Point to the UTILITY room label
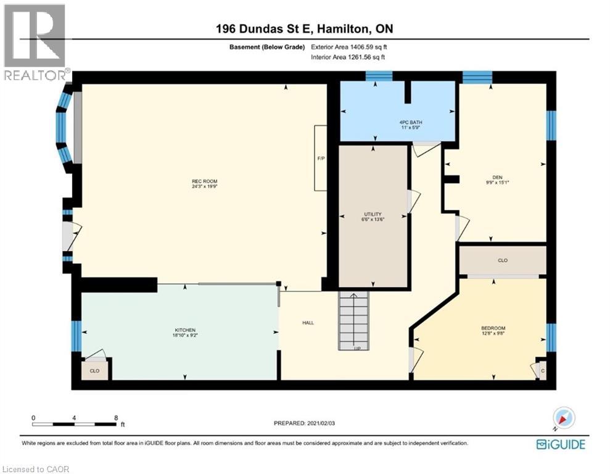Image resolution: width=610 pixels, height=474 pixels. click(x=373, y=214)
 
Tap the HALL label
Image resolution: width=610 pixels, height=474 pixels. click(x=308, y=323)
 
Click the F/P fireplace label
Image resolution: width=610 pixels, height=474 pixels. click(x=321, y=159)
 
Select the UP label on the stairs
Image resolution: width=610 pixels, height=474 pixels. click(x=357, y=348)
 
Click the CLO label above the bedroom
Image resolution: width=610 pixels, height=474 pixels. click(x=502, y=260)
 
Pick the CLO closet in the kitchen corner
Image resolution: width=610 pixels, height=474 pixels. click(x=94, y=371)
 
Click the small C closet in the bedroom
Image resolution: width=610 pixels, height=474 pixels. click(x=542, y=370)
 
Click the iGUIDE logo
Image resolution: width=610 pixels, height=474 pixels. click(x=560, y=444)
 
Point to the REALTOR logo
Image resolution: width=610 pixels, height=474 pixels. click(x=35, y=43)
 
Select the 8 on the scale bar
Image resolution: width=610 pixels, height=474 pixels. click(x=116, y=418)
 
